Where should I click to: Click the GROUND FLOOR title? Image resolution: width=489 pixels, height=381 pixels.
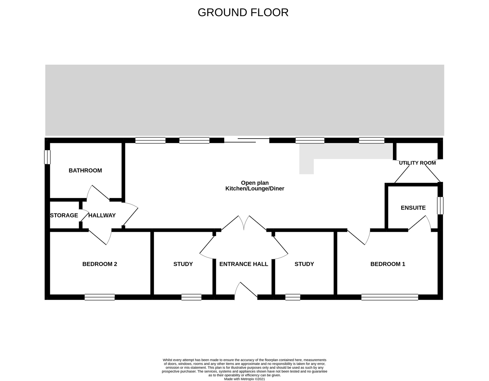[x=243, y=13]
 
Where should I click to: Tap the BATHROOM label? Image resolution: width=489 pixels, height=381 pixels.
[x=85, y=170]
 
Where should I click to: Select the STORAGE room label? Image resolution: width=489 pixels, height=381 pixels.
[x=64, y=216]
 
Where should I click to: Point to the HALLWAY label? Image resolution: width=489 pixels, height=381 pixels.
[x=102, y=216]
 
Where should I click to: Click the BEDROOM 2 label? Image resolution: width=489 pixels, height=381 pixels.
[x=100, y=264]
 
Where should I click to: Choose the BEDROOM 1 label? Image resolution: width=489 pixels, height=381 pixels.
[x=388, y=264]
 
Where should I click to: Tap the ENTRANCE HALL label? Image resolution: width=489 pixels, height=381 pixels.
[x=244, y=264]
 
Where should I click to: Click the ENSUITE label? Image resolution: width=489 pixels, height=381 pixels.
[x=413, y=208]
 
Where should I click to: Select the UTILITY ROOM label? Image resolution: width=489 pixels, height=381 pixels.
[x=417, y=163]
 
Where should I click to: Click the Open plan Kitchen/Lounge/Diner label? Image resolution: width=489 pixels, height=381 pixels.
[x=255, y=186]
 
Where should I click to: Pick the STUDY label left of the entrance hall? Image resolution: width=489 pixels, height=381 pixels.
[x=183, y=264]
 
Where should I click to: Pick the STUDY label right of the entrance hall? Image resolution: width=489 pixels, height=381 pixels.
[x=304, y=264]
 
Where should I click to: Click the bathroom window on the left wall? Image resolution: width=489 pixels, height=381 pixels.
[x=47, y=157]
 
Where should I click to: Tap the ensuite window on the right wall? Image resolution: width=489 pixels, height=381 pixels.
[x=440, y=206]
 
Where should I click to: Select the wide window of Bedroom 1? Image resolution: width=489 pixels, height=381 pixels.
[x=390, y=297]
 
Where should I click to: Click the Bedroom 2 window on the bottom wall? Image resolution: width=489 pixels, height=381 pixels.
[x=100, y=297]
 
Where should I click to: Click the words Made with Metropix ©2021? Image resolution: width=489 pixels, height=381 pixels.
[x=245, y=379]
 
